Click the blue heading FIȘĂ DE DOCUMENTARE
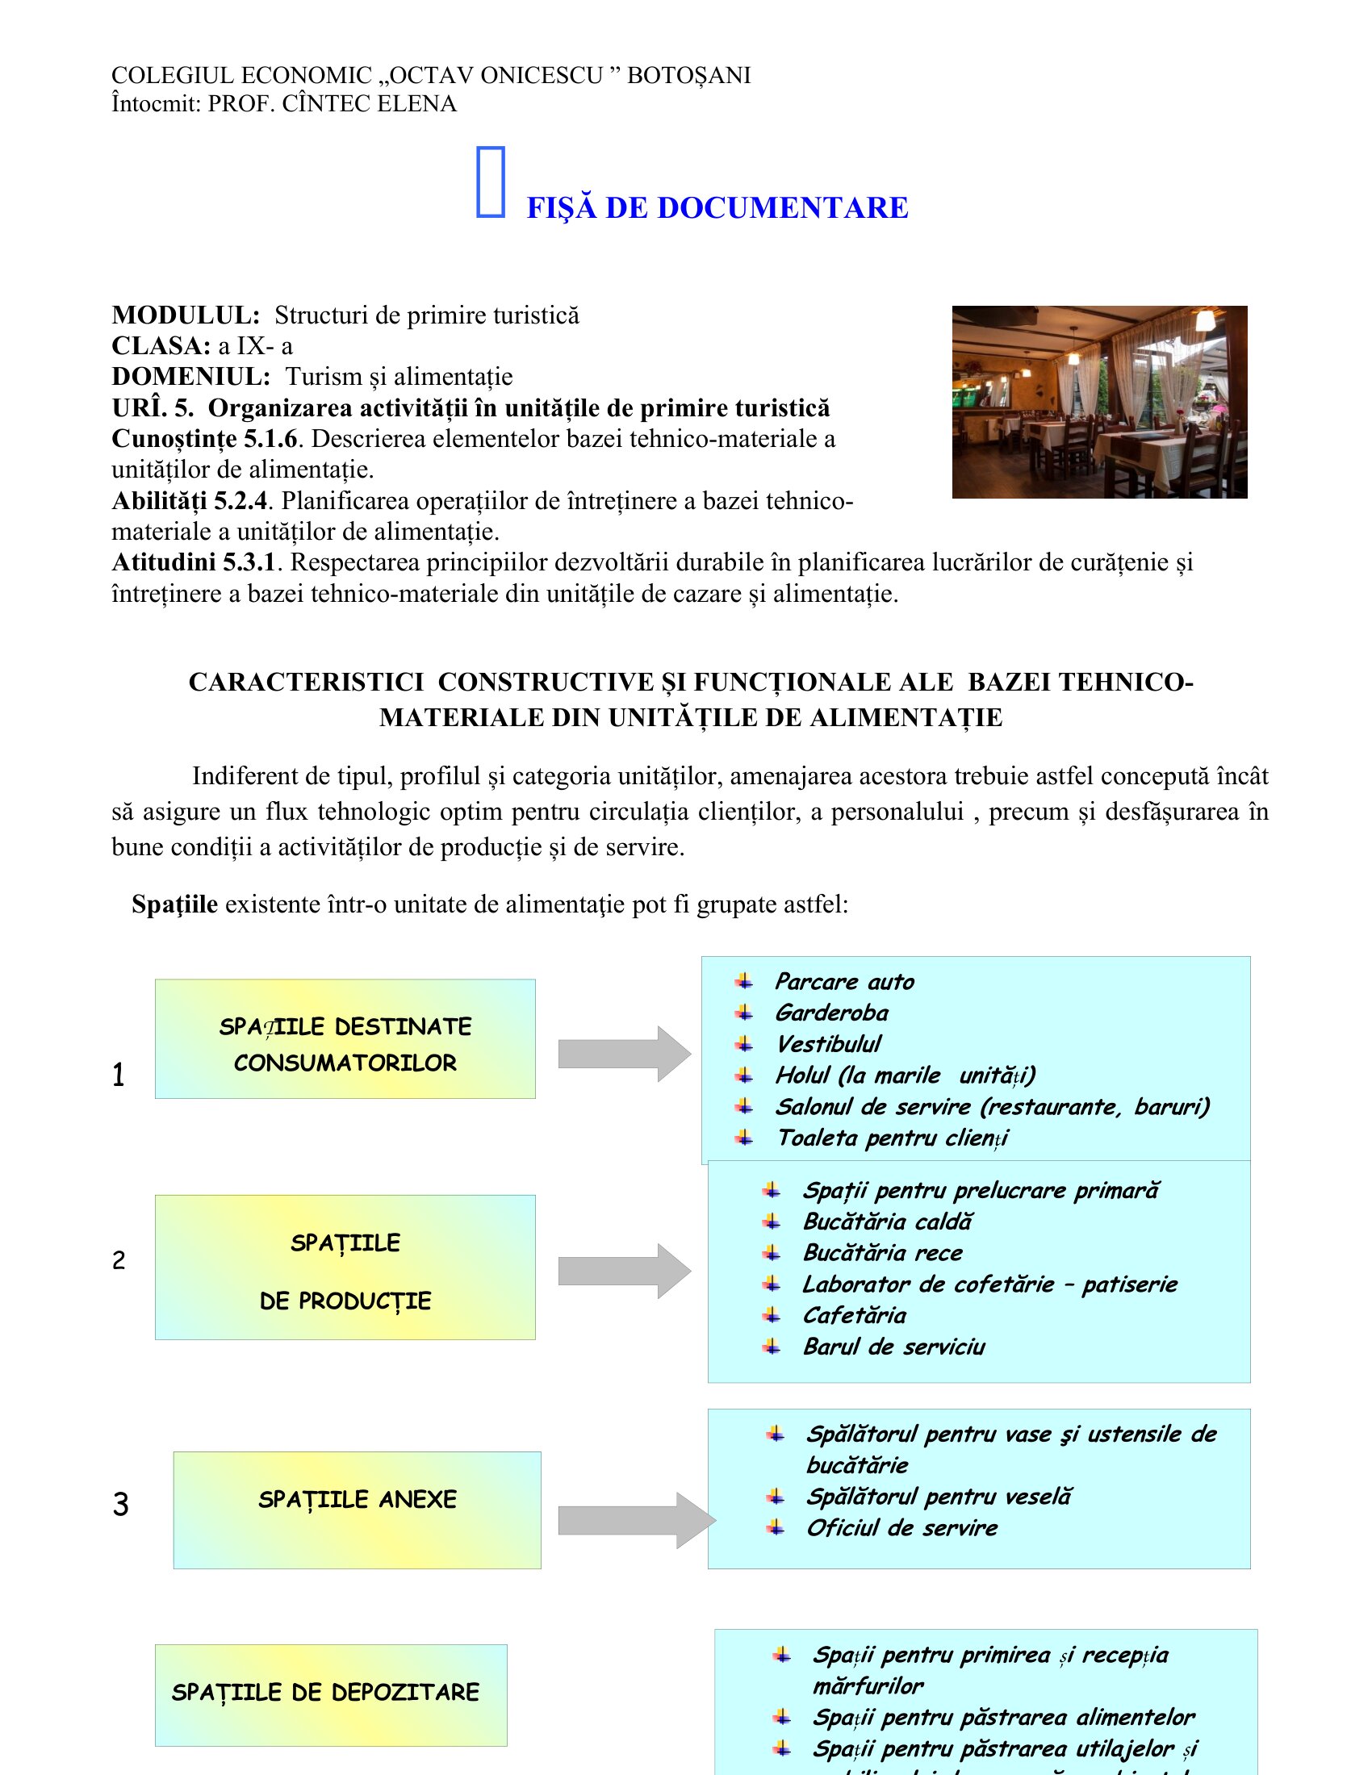[x=717, y=208]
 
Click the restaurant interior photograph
[x=1099, y=402]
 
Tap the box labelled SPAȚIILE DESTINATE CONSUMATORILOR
[x=345, y=1038]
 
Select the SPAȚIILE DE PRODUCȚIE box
[x=345, y=1267]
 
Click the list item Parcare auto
[x=843, y=982]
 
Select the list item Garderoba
[x=830, y=1013]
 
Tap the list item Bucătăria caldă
[x=887, y=1222]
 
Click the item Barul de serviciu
[x=893, y=1347]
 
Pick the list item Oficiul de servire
[x=901, y=1528]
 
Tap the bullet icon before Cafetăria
[x=772, y=1316]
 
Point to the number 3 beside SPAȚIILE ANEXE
[x=120, y=1505]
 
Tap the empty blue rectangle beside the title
[x=490, y=182]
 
